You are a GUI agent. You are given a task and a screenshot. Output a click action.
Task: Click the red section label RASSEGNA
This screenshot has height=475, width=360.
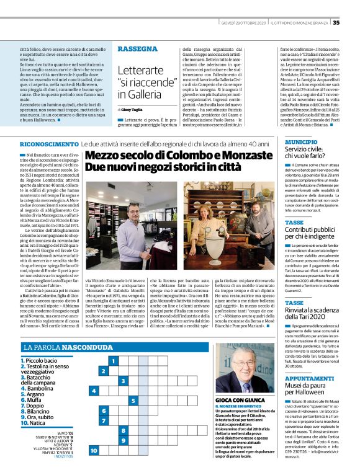pyautogui.click(x=137, y=48)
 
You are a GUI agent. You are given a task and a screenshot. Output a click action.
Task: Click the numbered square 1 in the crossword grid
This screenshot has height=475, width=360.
pyautogui.click(x=113, y=360)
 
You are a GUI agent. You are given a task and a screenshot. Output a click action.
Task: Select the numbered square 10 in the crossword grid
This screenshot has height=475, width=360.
pyautogui.click(x=94, y=450)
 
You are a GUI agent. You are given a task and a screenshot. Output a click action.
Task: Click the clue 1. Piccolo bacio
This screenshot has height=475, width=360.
pyautogui.click(x=40, y=360)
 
